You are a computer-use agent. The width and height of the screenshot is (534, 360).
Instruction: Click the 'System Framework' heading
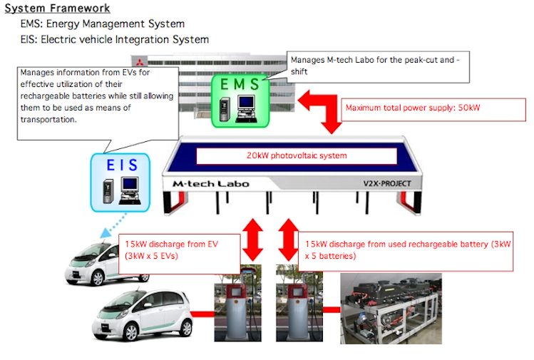[x=58, y=9]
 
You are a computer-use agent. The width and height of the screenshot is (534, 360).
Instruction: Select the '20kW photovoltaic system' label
[x=296, y=155]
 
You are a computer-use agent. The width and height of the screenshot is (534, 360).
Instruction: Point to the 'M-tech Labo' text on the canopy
[x=211, y=184]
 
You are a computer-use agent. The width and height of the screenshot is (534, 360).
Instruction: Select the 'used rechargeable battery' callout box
[x=407, y=250]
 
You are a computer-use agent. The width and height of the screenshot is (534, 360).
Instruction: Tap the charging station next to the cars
[x=235, y=307]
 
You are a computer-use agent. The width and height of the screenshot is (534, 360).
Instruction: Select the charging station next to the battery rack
[x=297, y=307]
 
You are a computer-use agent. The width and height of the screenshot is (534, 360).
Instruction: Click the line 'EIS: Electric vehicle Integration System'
[x=115, y=39]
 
